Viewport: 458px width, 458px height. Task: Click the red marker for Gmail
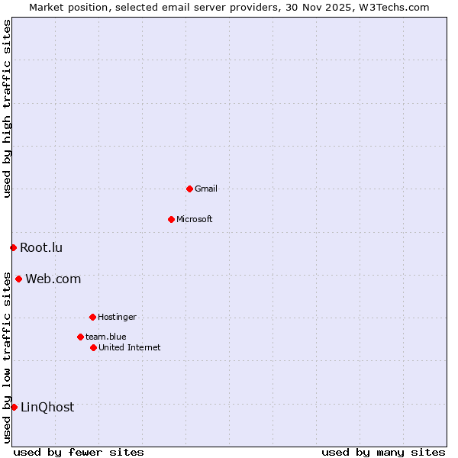pos(189,189)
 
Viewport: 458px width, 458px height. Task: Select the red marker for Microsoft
pos(171,219)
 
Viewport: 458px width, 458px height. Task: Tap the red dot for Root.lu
pos(13,247)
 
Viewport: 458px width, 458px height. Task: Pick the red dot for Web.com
pos(18,279)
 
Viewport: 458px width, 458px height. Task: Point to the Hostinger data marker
pos(92,317)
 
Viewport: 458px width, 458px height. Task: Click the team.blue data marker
pos(80,337)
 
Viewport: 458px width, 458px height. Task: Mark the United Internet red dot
pos(93,347)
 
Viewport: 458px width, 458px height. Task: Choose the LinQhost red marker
pos(14,407)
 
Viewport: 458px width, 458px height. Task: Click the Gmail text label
pos(206,189)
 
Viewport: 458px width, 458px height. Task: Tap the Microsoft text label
pos(195,219)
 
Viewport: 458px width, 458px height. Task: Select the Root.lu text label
pos(41,247)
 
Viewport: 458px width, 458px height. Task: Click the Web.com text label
pos(53,279)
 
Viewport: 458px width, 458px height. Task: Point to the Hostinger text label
pos(117,317)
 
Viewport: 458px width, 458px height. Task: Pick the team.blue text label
pos(106,337)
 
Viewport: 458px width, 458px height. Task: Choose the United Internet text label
pos(130,347)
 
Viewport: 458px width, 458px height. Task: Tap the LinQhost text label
pos(47,407)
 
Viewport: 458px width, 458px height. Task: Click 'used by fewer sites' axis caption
pos(79,452)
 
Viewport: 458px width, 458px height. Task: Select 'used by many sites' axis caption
pos(383,452)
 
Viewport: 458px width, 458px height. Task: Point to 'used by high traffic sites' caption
pos(7,108)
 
